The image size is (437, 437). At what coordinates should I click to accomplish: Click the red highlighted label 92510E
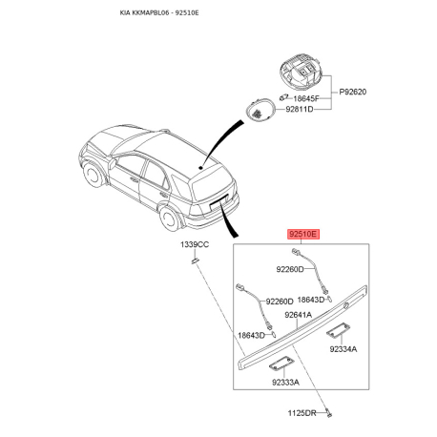[302, 235]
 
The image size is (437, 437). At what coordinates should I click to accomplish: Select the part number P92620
[352, 92]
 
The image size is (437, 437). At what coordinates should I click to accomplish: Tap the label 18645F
[305, 98]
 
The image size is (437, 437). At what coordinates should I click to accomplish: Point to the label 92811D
[299, 109]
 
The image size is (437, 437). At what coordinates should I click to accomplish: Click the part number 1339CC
[195, 244]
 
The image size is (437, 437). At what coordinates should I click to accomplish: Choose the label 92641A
[298, 315]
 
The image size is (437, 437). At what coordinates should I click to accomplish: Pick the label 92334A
[343, 349]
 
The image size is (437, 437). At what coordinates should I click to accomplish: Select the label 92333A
[285, 382]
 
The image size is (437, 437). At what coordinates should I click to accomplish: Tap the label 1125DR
[302, 413]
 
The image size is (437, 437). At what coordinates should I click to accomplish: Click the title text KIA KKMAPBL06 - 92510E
[159, 13]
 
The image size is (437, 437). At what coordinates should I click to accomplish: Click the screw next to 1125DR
[328, 412]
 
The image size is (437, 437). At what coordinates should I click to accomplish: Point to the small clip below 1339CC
[194, 260]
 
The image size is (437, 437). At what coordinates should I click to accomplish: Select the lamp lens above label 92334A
[337, 329]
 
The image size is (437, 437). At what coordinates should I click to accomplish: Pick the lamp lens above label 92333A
[280, 364]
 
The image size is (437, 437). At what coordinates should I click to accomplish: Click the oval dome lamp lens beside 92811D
[260, 110]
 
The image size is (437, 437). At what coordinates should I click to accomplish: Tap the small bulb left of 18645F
[283, 97]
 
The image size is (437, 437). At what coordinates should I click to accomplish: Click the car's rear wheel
[170, 218]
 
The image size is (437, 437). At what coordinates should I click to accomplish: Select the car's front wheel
[93, 175]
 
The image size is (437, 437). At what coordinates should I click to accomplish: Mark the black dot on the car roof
[200, 167]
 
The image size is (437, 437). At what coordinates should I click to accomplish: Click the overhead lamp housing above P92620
[301, 72]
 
